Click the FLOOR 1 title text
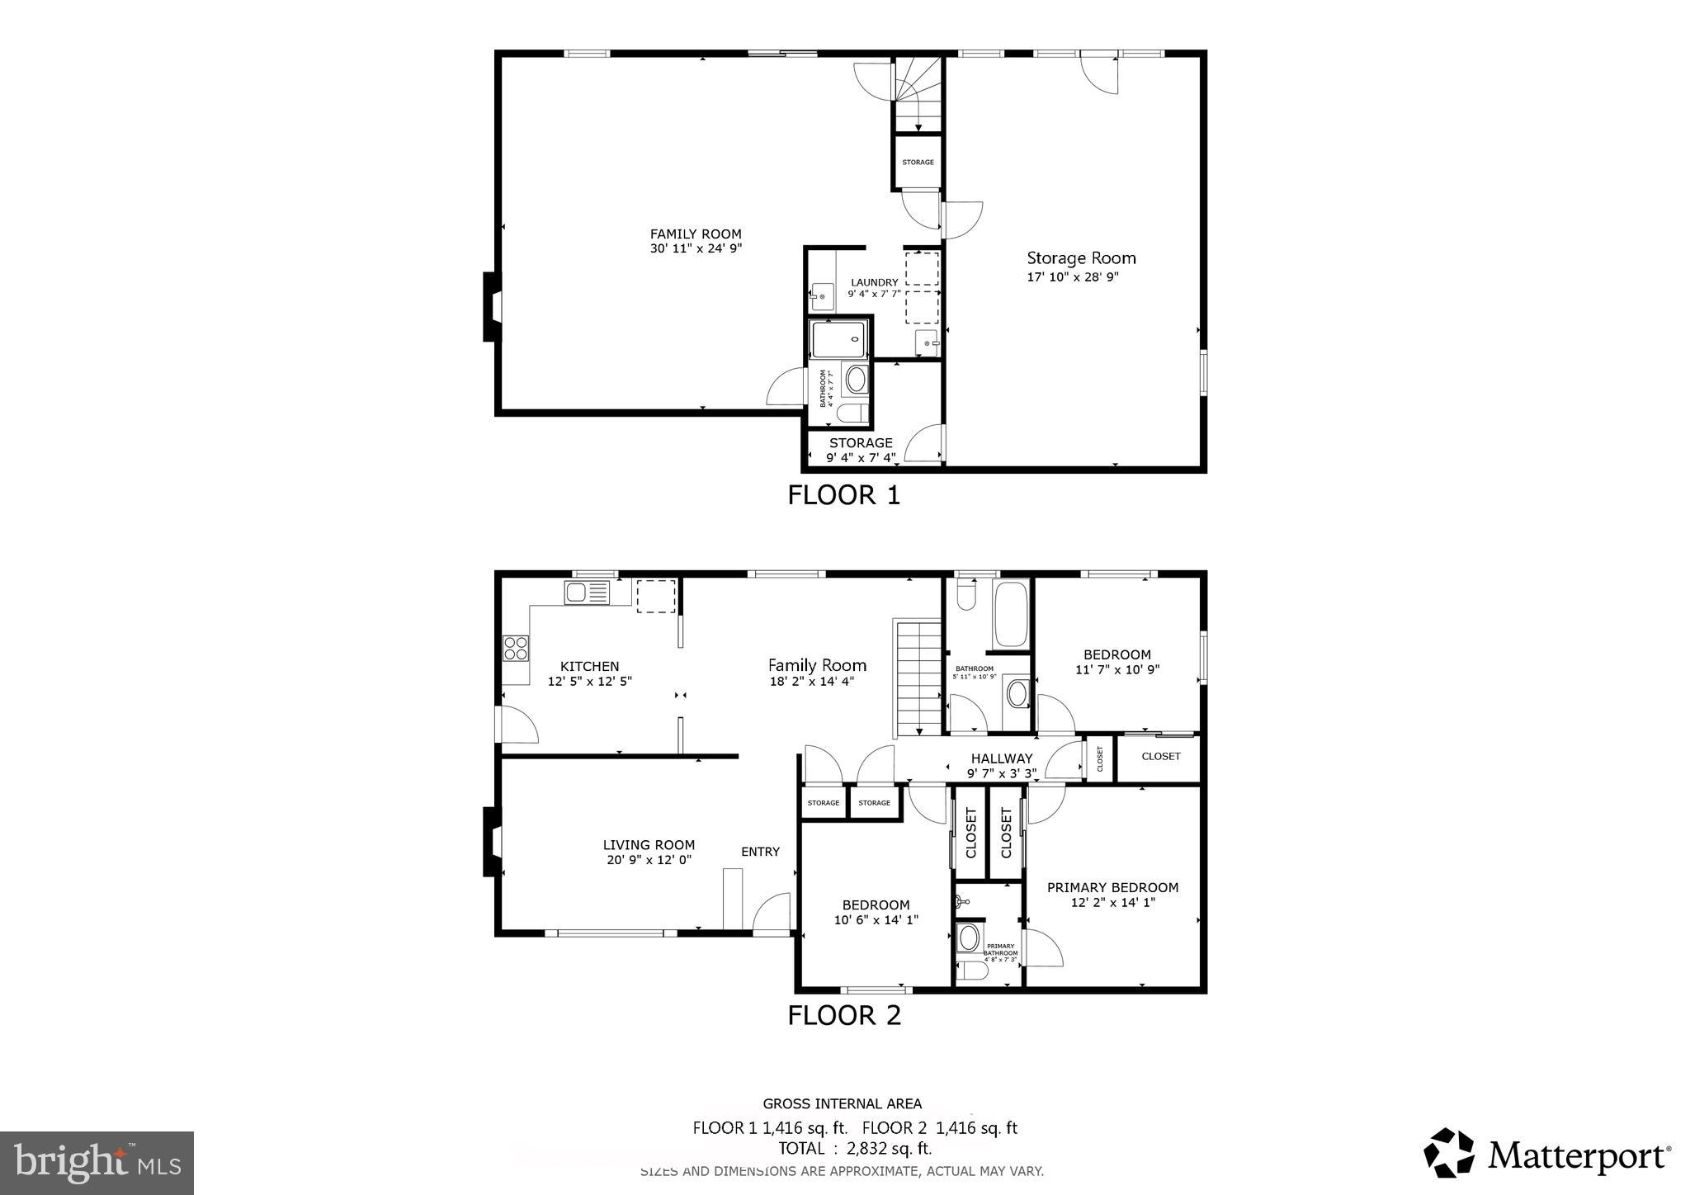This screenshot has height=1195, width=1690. coord(843,495)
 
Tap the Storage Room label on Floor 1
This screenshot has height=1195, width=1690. coord(1080,258)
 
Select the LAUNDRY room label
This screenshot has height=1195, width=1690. coord(874,282)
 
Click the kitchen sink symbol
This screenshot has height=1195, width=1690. coord(587,593)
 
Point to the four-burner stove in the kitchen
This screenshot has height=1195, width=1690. coord(516,648)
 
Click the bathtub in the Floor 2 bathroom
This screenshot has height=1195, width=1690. coord(1010,615)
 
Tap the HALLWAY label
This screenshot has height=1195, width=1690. coord(1001,758)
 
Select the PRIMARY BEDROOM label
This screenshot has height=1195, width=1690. coord(1112,887)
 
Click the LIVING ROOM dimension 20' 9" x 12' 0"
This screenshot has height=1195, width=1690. coord(649,860)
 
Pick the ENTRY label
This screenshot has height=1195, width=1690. coord(760,852)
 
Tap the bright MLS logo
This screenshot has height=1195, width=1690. coord(97,1163)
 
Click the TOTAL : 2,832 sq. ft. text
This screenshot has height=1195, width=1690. coord(855,1149)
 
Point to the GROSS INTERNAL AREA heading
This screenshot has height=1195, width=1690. coord(842,1103)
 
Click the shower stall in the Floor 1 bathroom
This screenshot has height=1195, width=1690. coord(838,339)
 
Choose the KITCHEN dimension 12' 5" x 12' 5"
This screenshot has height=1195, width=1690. coord(589,682)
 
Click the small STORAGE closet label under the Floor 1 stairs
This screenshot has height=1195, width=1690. coord(918,163)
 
